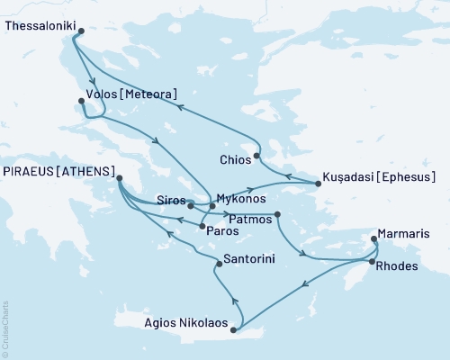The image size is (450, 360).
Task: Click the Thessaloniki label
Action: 40,27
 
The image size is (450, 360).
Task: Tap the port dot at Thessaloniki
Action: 80,31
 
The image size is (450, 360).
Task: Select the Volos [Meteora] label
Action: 131,93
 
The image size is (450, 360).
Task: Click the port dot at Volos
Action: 81,102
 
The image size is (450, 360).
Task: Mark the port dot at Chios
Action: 256,156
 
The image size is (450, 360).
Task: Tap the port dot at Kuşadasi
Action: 318,184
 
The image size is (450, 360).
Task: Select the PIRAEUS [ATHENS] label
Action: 58,171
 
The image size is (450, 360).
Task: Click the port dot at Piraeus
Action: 119,179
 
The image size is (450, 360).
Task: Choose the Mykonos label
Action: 241,198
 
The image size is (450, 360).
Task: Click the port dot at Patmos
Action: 277,214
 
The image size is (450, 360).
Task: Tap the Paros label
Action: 222,231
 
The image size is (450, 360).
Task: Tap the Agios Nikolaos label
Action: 185,321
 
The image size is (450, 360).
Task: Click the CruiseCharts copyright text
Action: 5,328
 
